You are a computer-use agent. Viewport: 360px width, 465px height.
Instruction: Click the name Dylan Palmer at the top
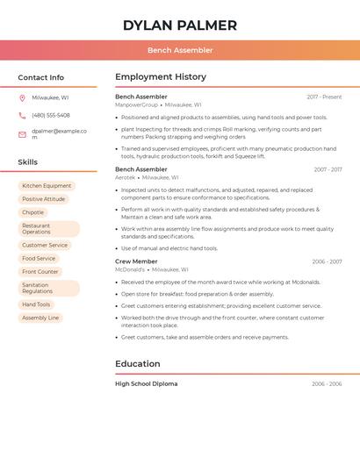[x=180, y=25]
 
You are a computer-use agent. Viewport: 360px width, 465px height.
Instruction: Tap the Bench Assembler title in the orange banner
[x=180, y=50]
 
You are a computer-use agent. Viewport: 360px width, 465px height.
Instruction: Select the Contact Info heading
[x=41, y=77]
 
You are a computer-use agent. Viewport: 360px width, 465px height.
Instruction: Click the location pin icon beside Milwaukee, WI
[x=22, y=97]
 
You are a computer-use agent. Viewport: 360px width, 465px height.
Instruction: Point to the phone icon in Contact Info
[x=22, y=115]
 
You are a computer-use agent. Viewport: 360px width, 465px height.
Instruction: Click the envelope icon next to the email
[x=22, y=134]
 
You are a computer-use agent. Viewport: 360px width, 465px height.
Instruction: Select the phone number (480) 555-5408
[x=51, y=115]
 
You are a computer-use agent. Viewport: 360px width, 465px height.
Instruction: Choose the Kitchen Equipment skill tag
[x=47, y=186]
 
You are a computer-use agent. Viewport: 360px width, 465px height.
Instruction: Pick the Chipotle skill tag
[x=33, y=212]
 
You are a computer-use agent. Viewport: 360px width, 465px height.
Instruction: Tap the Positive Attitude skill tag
[x=44, y=199]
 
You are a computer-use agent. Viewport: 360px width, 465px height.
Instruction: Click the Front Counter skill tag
[x=40, y=272]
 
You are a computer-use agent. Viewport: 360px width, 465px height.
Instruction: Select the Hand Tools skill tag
[x=36, y=304]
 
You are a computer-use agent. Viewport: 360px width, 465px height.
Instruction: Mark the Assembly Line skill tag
[x=40, y=318]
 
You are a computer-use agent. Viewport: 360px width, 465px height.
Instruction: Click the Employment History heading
[x=161, y=77]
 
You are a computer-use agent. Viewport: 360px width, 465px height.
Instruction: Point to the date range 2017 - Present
[x=324, y=97]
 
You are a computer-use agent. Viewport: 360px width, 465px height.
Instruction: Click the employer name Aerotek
[x=126, y=177]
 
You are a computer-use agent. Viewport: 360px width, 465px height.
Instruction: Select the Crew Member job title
[x=136, y=261]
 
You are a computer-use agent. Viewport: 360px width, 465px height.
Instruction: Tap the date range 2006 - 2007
[x=327, y=261]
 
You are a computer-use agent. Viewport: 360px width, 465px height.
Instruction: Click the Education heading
[x=138, y=363]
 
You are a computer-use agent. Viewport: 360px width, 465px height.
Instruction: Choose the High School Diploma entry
[x=146, y=384]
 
